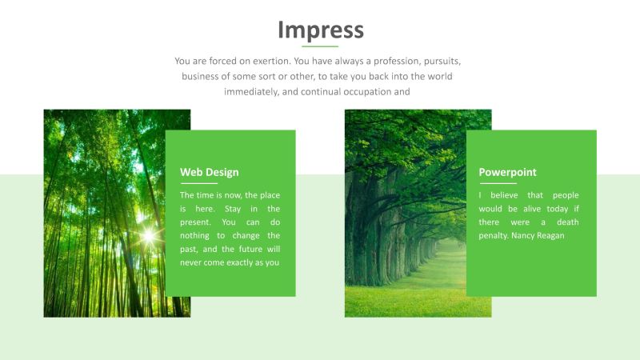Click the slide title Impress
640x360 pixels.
point(320,30)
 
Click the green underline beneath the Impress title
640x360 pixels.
point(320,47)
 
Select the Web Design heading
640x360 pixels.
point(209,172)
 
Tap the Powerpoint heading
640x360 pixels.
point(507,172)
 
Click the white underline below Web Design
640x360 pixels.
point(198,183)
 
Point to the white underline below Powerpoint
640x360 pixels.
point(497,183)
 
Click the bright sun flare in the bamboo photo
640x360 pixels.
point(148,235)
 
